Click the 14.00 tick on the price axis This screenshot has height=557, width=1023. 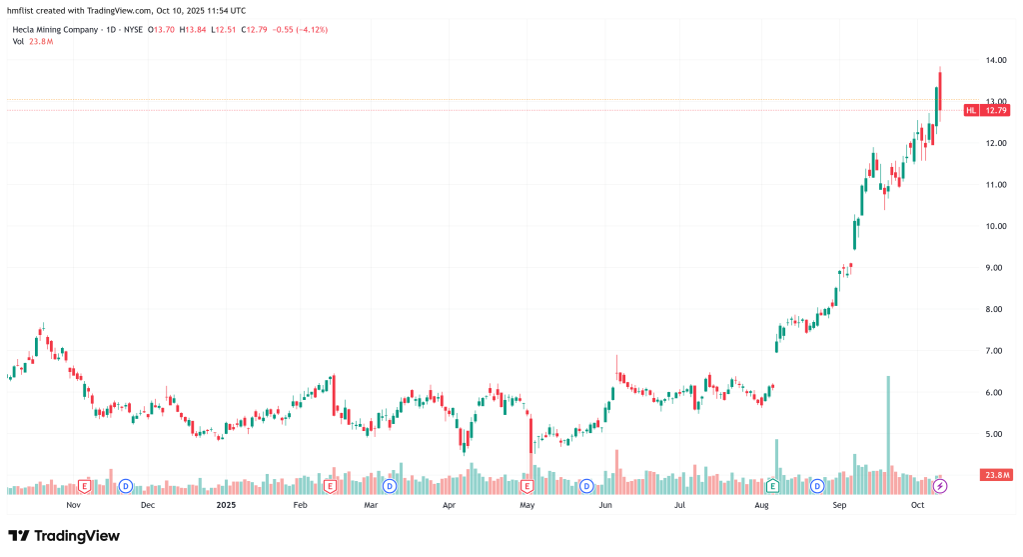[x=994, y=60]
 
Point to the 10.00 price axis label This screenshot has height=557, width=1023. [x=994, y=226]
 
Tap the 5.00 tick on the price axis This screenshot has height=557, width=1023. [x=994, y=434]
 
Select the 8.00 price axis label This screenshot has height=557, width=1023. [x=994, y=309]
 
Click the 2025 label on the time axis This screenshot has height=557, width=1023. [x=225, y=506]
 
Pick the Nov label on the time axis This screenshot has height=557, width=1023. [x=73, y=506]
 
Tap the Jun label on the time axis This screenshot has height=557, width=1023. [x=605, y=506]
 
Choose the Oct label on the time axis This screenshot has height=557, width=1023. [x=918, y=506]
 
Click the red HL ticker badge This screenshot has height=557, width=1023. [x=970, y=110]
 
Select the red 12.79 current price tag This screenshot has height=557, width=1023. [x=995, y=110]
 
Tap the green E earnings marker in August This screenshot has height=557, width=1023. [x=772, y=486]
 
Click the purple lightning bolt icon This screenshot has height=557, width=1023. [x=940, y=486]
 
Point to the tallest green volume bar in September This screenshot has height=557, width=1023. [x=888, y=420]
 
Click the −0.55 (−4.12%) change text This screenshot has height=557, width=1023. [x=305, y=29]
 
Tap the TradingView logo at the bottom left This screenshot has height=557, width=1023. [x=64, y=535]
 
